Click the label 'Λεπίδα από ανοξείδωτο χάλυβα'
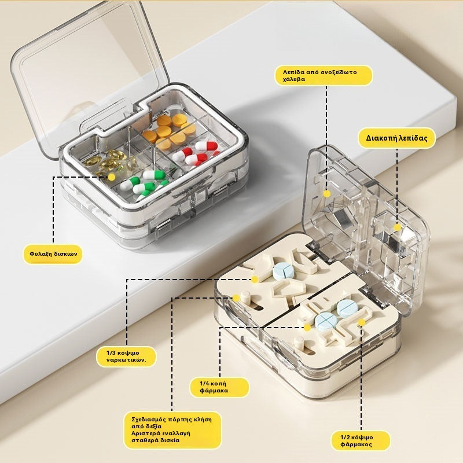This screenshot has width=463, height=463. coord(324,76)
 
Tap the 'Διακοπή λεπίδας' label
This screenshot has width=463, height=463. coord(396,138)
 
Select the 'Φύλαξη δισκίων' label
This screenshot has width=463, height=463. coord(53,254)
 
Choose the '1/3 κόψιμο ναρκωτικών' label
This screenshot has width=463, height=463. coord(126,357)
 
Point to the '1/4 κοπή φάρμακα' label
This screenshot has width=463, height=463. coord(219,387)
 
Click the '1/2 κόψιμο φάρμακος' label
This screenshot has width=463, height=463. coord(361,441)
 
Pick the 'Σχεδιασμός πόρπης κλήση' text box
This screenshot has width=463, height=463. coord(172,430)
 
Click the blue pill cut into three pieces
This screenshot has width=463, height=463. coord(284,271)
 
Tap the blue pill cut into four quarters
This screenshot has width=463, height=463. coord(326,321)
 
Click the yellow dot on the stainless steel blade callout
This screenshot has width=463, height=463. coord(326,194)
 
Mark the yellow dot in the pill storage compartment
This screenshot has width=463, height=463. coord(112,177)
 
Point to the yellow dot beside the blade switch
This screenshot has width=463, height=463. coord(398,227)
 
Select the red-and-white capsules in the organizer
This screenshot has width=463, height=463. coord(196,153)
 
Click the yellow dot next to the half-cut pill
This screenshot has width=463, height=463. coord(362,322)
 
